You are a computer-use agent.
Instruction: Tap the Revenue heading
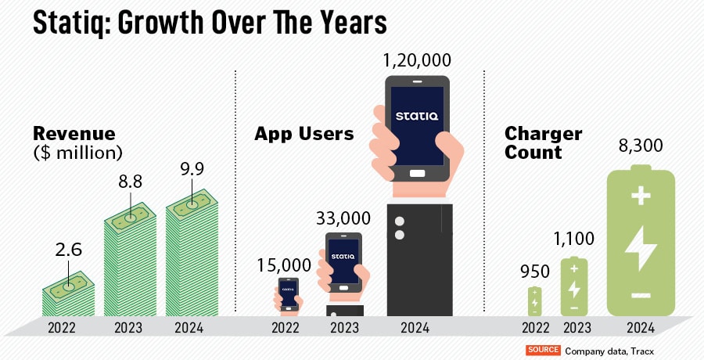[74, 133]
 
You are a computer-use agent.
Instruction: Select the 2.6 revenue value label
[67, 250]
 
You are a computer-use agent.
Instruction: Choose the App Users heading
[304, 134]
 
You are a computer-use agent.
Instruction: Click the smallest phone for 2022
[289, 293]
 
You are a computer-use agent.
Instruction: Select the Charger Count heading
[542, 142]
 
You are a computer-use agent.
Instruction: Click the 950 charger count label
[534, 272]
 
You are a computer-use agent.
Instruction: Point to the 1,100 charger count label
[573, 239]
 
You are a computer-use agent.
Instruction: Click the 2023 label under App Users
[344, 328]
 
